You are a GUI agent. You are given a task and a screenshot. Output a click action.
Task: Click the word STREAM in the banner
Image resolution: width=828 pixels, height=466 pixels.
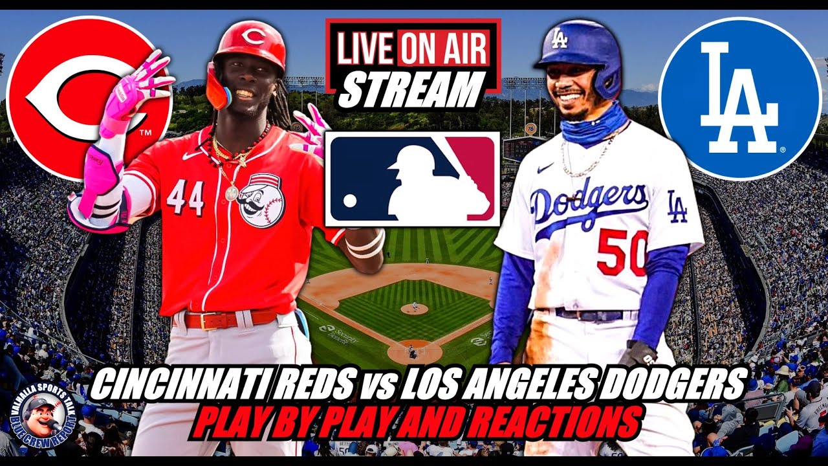pos(411,90)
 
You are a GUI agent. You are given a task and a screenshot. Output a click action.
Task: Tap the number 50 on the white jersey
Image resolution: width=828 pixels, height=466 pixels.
pos(621,252)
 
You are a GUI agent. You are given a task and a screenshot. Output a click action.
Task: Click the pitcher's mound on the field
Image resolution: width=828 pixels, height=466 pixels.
pos(414,309)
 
